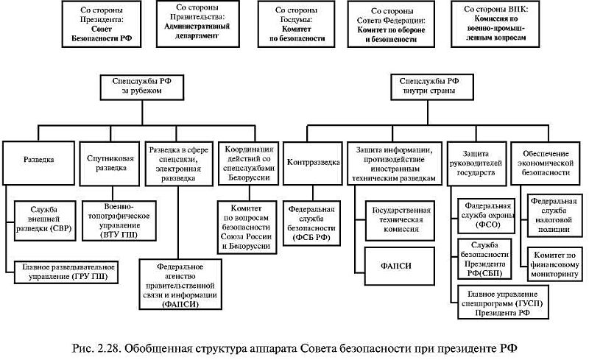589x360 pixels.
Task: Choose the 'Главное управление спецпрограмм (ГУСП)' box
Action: [493, 303]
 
